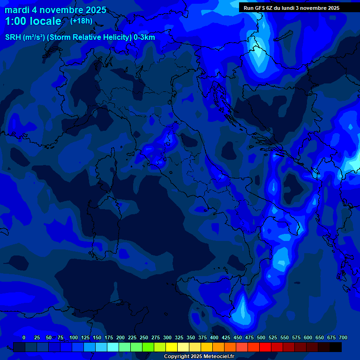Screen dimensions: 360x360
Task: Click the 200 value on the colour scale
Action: tap(120, 337)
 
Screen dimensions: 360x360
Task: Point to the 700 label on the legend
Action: tap(343, 337)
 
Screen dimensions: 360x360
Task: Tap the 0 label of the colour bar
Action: tap(24, 337)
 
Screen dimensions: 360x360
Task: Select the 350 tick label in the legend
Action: tap(191, 337)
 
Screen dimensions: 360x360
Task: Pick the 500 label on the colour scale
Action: tap(261, 337)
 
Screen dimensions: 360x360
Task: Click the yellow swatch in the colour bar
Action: tap(172, 347)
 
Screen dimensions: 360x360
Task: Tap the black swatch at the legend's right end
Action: tap(336, 347)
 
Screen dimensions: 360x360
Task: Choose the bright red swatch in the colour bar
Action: tap(265, 347)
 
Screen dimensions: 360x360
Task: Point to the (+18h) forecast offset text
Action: tap(81, 21)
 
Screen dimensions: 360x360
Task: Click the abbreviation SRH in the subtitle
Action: tap(13, 37)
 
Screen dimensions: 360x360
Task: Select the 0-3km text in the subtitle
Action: tap(144, 37)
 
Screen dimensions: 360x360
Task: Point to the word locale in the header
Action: tap(45, 21)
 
